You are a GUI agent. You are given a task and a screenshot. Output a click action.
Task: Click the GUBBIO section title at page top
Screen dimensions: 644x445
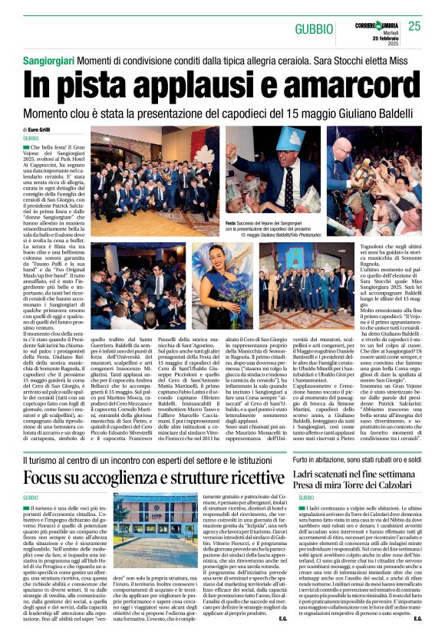[x=319, y=27]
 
